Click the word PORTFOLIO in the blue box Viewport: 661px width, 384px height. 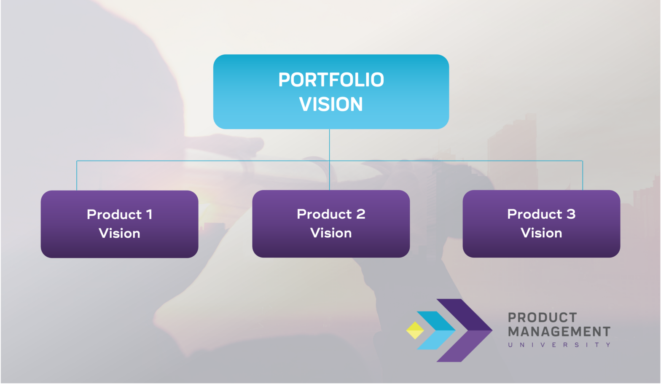[331, 80]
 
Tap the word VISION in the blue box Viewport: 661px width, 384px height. [331, 104]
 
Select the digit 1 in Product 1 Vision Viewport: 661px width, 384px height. [149, 214]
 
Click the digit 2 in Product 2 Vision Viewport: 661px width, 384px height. [360, 214]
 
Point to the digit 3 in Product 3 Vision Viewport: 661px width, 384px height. [571, 214]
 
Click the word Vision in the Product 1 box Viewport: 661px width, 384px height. [119, 233]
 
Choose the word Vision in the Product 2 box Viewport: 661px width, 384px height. [331, 233]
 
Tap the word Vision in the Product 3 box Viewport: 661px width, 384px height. [541, 233]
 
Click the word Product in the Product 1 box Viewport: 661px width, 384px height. [114, 214]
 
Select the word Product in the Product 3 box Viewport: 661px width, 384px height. [535, 214]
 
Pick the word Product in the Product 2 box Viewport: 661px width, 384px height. [324, 214]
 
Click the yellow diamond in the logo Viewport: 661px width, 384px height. [415, 330]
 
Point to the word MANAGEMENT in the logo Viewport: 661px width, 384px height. [559, 332]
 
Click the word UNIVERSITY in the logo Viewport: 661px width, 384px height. [559, 345]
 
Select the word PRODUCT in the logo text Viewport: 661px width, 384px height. [542, 317]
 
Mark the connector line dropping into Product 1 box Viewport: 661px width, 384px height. [77, 175]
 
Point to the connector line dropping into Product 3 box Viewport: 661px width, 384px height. [583, 175]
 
